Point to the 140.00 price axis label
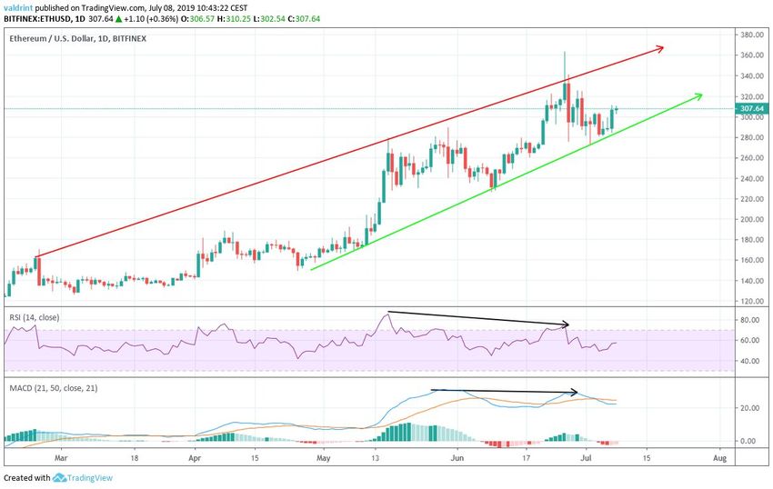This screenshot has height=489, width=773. (750, 280)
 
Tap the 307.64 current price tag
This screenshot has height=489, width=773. (752, 108)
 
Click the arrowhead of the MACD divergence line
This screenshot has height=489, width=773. (576, 393)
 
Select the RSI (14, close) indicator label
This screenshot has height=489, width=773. (37, 317)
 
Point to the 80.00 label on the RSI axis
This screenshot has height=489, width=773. (748, 320)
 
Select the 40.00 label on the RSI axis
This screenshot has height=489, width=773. (748, 361)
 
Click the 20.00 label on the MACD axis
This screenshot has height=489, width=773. (748, 408)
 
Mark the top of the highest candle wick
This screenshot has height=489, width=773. (565, 52)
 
